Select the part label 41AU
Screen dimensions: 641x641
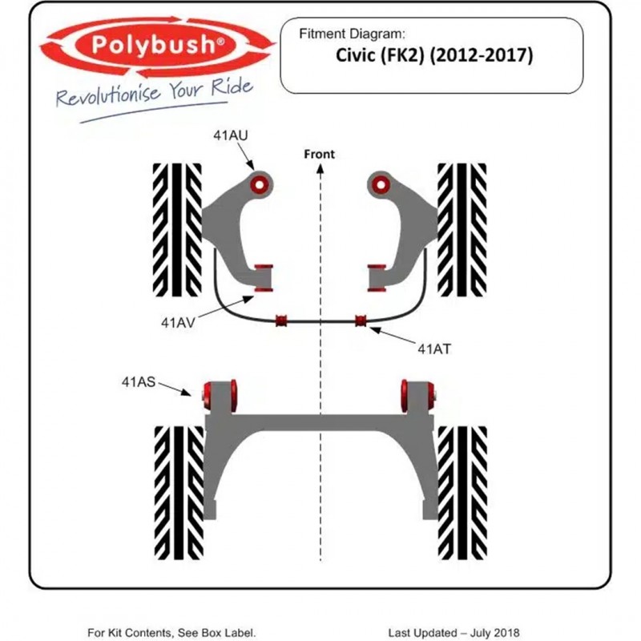click(x=230, y=135)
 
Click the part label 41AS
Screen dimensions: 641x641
click(x=139, y=383)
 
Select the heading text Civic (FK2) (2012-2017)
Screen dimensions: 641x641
click(x=430, y=57)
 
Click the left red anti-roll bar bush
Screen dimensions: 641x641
click(x=281, y=321)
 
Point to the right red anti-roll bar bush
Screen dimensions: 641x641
click(x=361, y=321)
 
